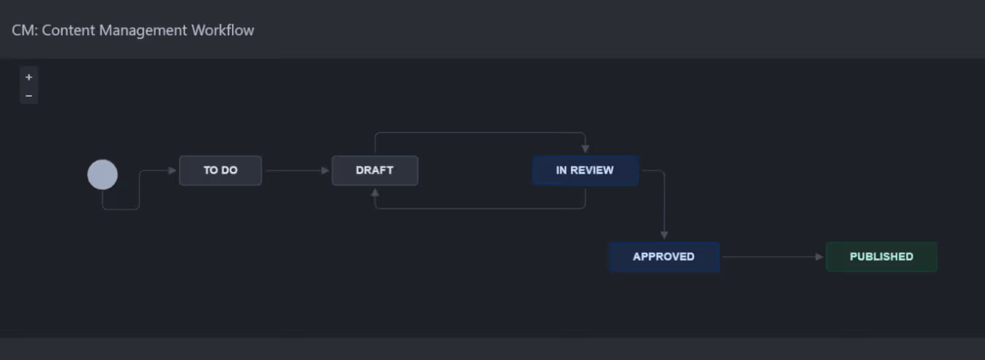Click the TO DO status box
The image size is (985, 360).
(x=220, y=170)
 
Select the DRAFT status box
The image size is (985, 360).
(x=375, y=170)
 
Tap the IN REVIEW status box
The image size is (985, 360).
(x=585, y=170)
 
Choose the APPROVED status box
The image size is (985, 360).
(x=664, y=257)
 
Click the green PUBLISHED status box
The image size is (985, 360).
(x=881, y=257)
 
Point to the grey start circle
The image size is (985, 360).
(x=102, y=175)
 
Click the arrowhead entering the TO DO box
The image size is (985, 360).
(x=173, y=170)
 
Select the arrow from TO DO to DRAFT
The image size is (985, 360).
(x=296, y=170)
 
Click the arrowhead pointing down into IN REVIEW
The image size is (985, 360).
(x=585, y=149)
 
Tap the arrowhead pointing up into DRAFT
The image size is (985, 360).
(x=375, y=192)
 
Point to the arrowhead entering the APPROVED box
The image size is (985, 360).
(x=664, y=236)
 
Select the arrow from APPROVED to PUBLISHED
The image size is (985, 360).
(x=772, y=257)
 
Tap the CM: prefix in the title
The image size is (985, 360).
(x=24, y=30)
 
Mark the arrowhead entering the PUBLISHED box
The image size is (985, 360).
(x=820, y=257)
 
